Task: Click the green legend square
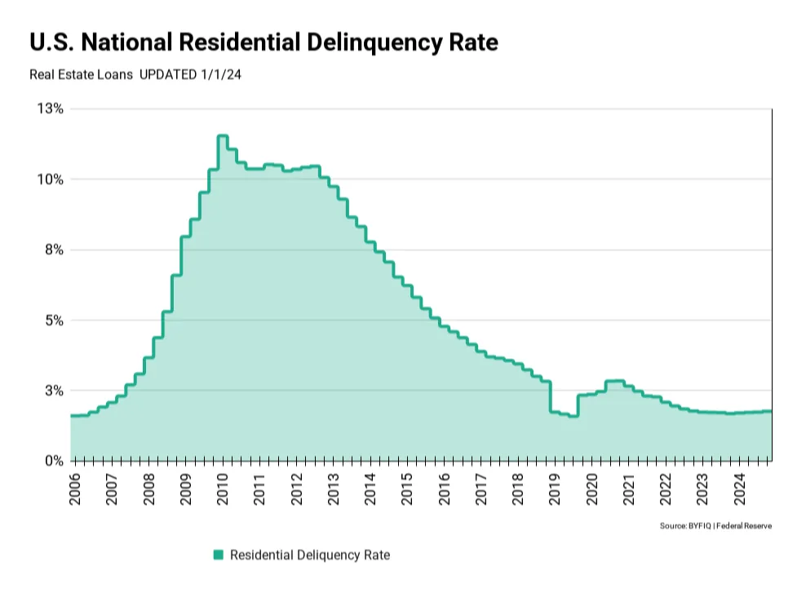point(218,555)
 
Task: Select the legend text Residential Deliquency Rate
point(310,555)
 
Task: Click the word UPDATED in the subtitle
point(166,74)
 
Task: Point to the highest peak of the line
point(223,136)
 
